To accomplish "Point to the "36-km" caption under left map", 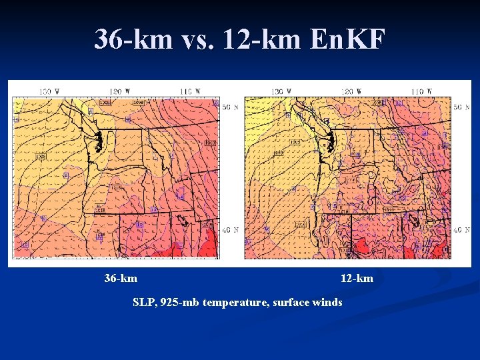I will [x=121, y=278].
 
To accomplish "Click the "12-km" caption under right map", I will [x=357, y=278].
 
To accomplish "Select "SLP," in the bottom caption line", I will [x=145, y=303].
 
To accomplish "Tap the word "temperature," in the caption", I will [x=233, y=303].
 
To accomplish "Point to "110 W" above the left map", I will [x=189, y=91].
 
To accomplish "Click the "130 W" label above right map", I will [x=280, y=91].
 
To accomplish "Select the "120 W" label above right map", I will [x=351, y=91].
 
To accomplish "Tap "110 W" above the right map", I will [x=421, y=91].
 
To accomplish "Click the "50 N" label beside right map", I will [x=461, y=107].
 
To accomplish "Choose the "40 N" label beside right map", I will [x=461, y=230].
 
